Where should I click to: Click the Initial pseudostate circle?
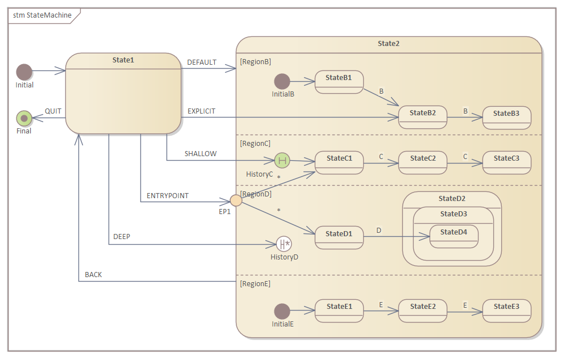(x=24, y=72)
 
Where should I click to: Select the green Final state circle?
(x=24, y=118)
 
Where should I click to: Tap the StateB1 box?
(x=339, y=82)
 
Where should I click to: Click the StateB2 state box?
(x=422, y=118)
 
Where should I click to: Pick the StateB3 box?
(x=506, y=118)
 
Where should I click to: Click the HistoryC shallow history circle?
(x=282, y=161)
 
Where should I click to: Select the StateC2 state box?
(x=422, y=162)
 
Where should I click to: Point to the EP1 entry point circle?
(x=236, y=200)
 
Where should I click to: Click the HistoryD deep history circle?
(x=284, y=244)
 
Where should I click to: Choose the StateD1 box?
(x=339, y=237)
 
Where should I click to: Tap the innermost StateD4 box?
(x=453, y=236)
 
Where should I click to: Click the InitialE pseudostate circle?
(x=282, y=311)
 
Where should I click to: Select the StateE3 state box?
(x=506, y=311)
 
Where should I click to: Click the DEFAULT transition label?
(x=202, y=62)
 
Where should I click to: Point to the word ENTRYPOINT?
(x=168, y=196)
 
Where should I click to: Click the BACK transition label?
(x=93, y=275)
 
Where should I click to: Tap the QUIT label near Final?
(x=53, y=111)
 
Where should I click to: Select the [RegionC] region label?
(x=255, y=144)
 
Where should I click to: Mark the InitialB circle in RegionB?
(x=282, y=81)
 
